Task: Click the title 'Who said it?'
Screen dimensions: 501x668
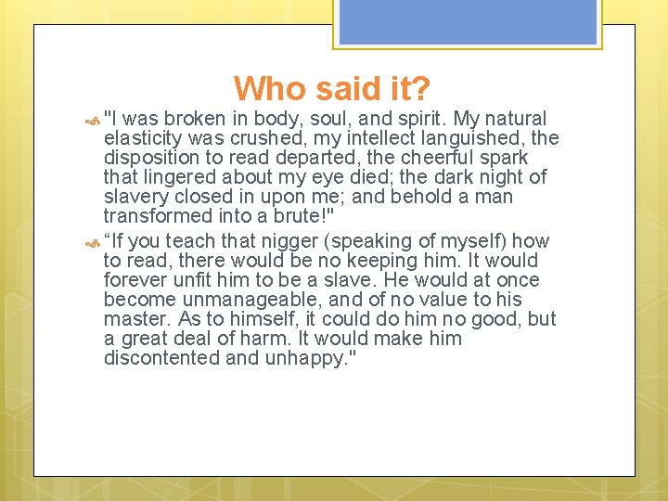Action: [331, 89]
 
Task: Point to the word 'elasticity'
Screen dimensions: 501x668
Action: [142, 138]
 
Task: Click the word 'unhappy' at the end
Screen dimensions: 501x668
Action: [305, 358]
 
